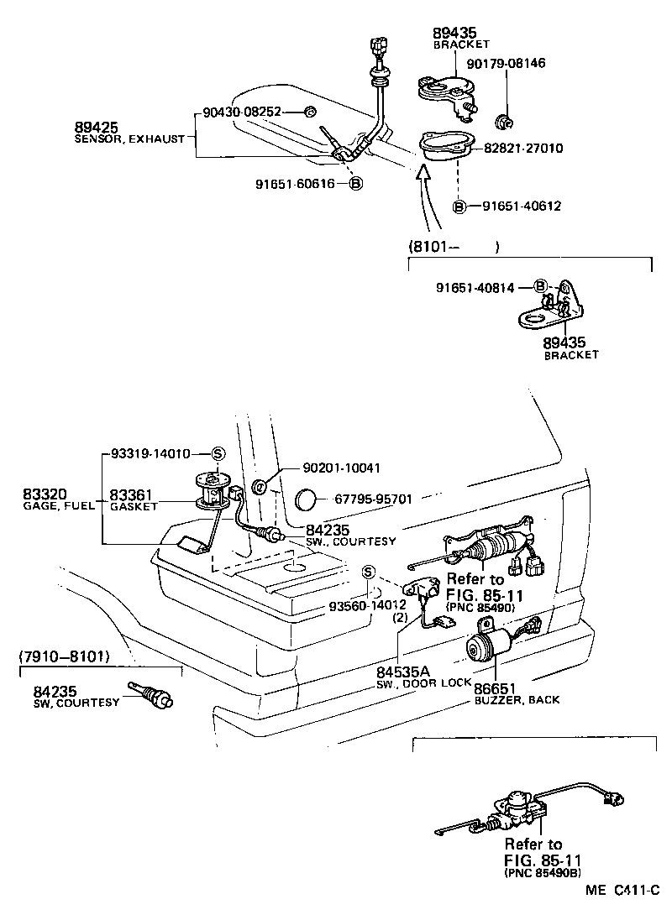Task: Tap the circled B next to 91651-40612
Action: point(459,206)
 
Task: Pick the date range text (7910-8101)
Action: point(75,656)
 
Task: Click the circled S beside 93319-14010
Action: point(216,453)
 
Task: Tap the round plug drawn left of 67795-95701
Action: point(305,501)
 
